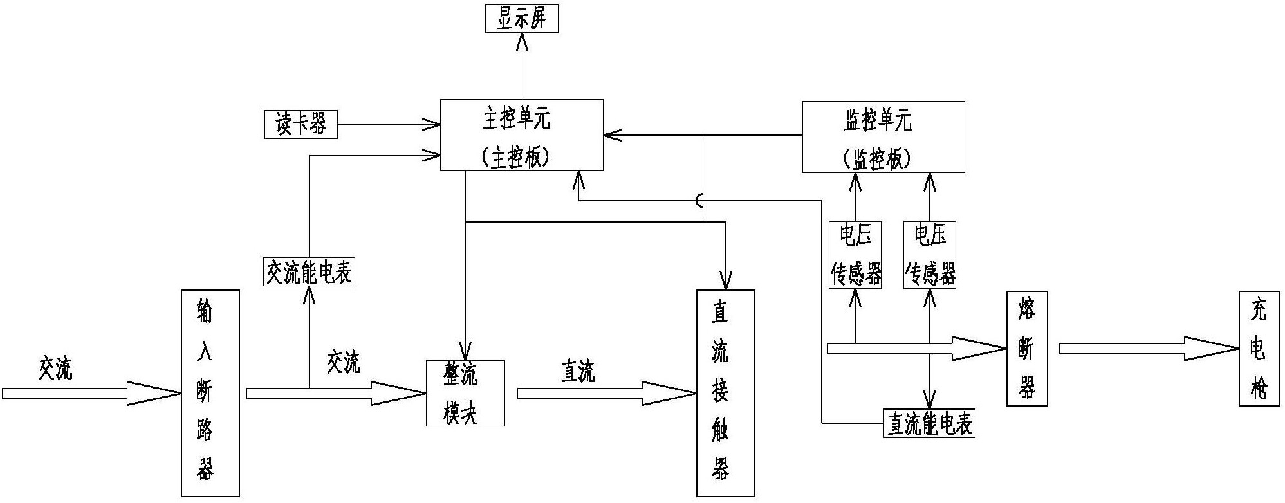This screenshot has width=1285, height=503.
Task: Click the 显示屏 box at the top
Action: click(x=521, y=19)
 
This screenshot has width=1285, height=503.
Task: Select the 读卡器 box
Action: click(x=300, y=124)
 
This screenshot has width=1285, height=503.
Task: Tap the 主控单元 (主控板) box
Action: click(x=522, y=135)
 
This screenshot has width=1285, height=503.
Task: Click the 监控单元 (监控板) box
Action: click(x=883, y=137)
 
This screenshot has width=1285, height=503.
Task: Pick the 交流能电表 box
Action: click(x=309, y=273)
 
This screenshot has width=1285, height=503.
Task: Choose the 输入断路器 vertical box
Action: click(x=210, y=393)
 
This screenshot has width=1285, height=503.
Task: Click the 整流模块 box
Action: click(x=465, y=393)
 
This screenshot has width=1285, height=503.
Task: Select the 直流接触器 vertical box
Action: click(x=725, y=393)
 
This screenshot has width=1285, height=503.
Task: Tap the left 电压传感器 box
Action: click(x=855, y=255)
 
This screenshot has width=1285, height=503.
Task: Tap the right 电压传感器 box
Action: click(x=930, y=255)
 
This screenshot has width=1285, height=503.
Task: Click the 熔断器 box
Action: click(x=1026, y=349)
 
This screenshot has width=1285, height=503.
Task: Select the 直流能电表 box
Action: click(x=929, y=424)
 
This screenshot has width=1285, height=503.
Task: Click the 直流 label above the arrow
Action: click(x=577, y=371)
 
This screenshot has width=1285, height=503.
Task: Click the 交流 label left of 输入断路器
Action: click(x=55, y=367)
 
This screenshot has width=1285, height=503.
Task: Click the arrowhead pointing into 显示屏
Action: click(x=522, y=43)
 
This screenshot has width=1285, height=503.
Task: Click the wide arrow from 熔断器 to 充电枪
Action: click(x=1149, y=349)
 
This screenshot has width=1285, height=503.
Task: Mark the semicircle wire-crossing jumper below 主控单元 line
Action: click(x=700, y=201)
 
